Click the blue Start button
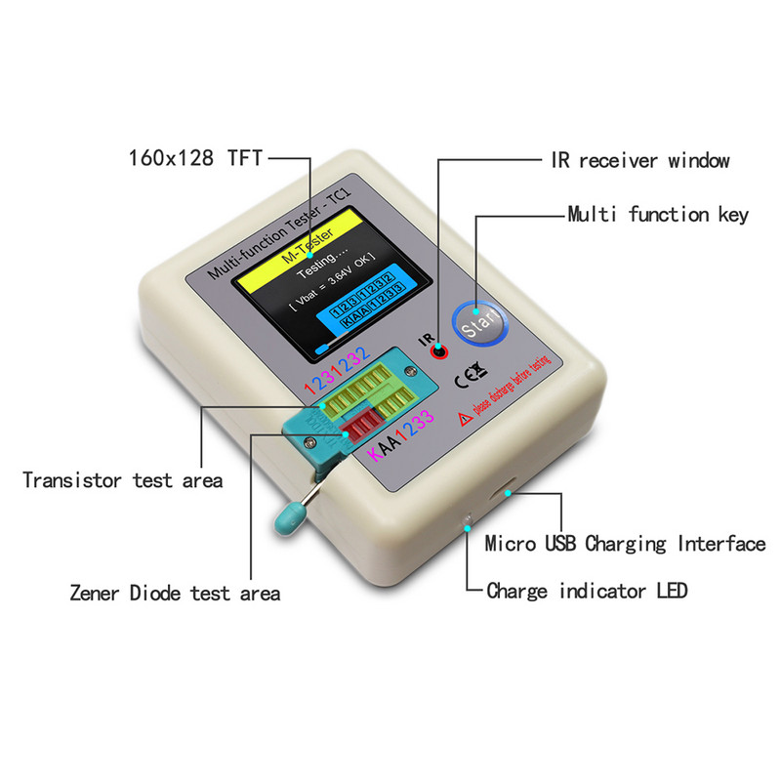click(479, 321)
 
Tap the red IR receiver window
click(440, 351)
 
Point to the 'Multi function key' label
click(658, 214)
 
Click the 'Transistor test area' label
click(122, 479)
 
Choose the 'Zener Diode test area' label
click(175, 593)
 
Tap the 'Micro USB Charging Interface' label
click(625, 544)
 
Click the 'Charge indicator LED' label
click(586, 590)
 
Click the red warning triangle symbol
click(465, 418)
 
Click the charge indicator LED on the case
click(470, 518)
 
